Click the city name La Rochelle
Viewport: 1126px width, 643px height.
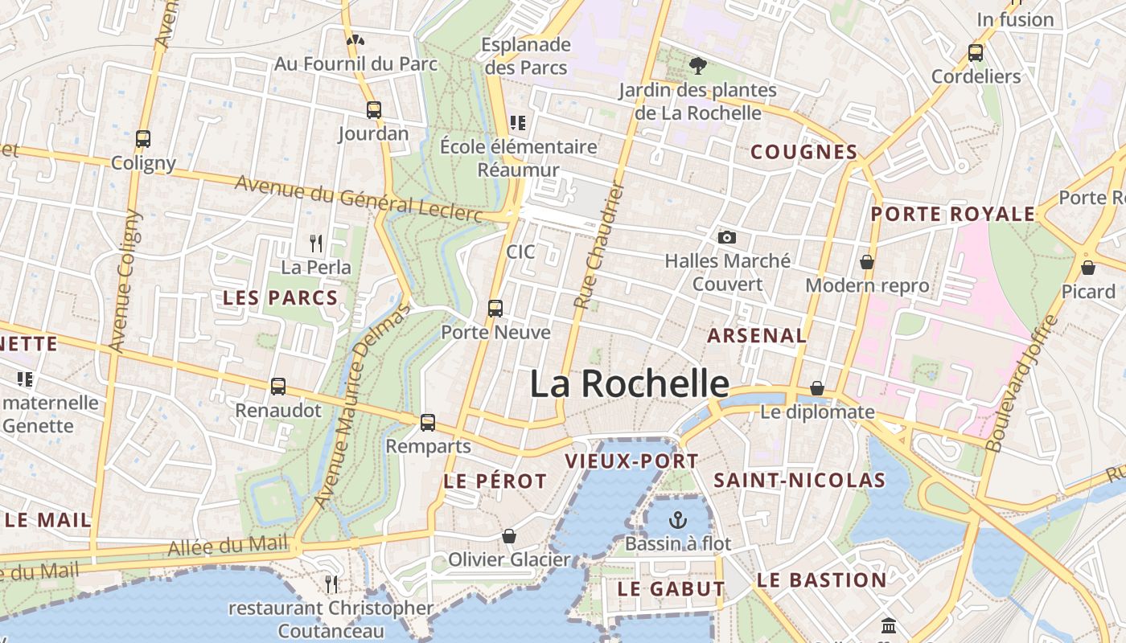(629, 384)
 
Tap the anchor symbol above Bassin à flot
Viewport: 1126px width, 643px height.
(678, 520)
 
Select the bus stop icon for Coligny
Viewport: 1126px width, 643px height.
(143, 139)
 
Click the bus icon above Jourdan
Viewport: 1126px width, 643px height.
(373, 110)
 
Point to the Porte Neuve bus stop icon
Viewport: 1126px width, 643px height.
(495, 309)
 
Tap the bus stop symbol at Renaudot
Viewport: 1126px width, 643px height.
(278, 387)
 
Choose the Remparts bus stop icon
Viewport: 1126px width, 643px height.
(428, 422)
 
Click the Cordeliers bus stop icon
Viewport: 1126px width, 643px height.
(976, 53)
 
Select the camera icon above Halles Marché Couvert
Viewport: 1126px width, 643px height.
(727, 237)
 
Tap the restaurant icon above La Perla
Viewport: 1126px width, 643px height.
(316, 243)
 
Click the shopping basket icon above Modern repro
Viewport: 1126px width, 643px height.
(867, 262)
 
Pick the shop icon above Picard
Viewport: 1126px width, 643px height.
(1088, 268)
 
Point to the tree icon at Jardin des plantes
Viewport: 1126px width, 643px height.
(697, 65)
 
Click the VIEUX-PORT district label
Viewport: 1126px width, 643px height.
(631, 461)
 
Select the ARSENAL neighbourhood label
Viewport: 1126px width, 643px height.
(756, 336)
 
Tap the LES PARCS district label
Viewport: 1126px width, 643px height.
(280, 298)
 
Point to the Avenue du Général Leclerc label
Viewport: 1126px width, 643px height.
(358, 199)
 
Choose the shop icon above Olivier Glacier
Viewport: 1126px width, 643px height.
(508, 536)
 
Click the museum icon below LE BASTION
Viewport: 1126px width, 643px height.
(889, 625)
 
